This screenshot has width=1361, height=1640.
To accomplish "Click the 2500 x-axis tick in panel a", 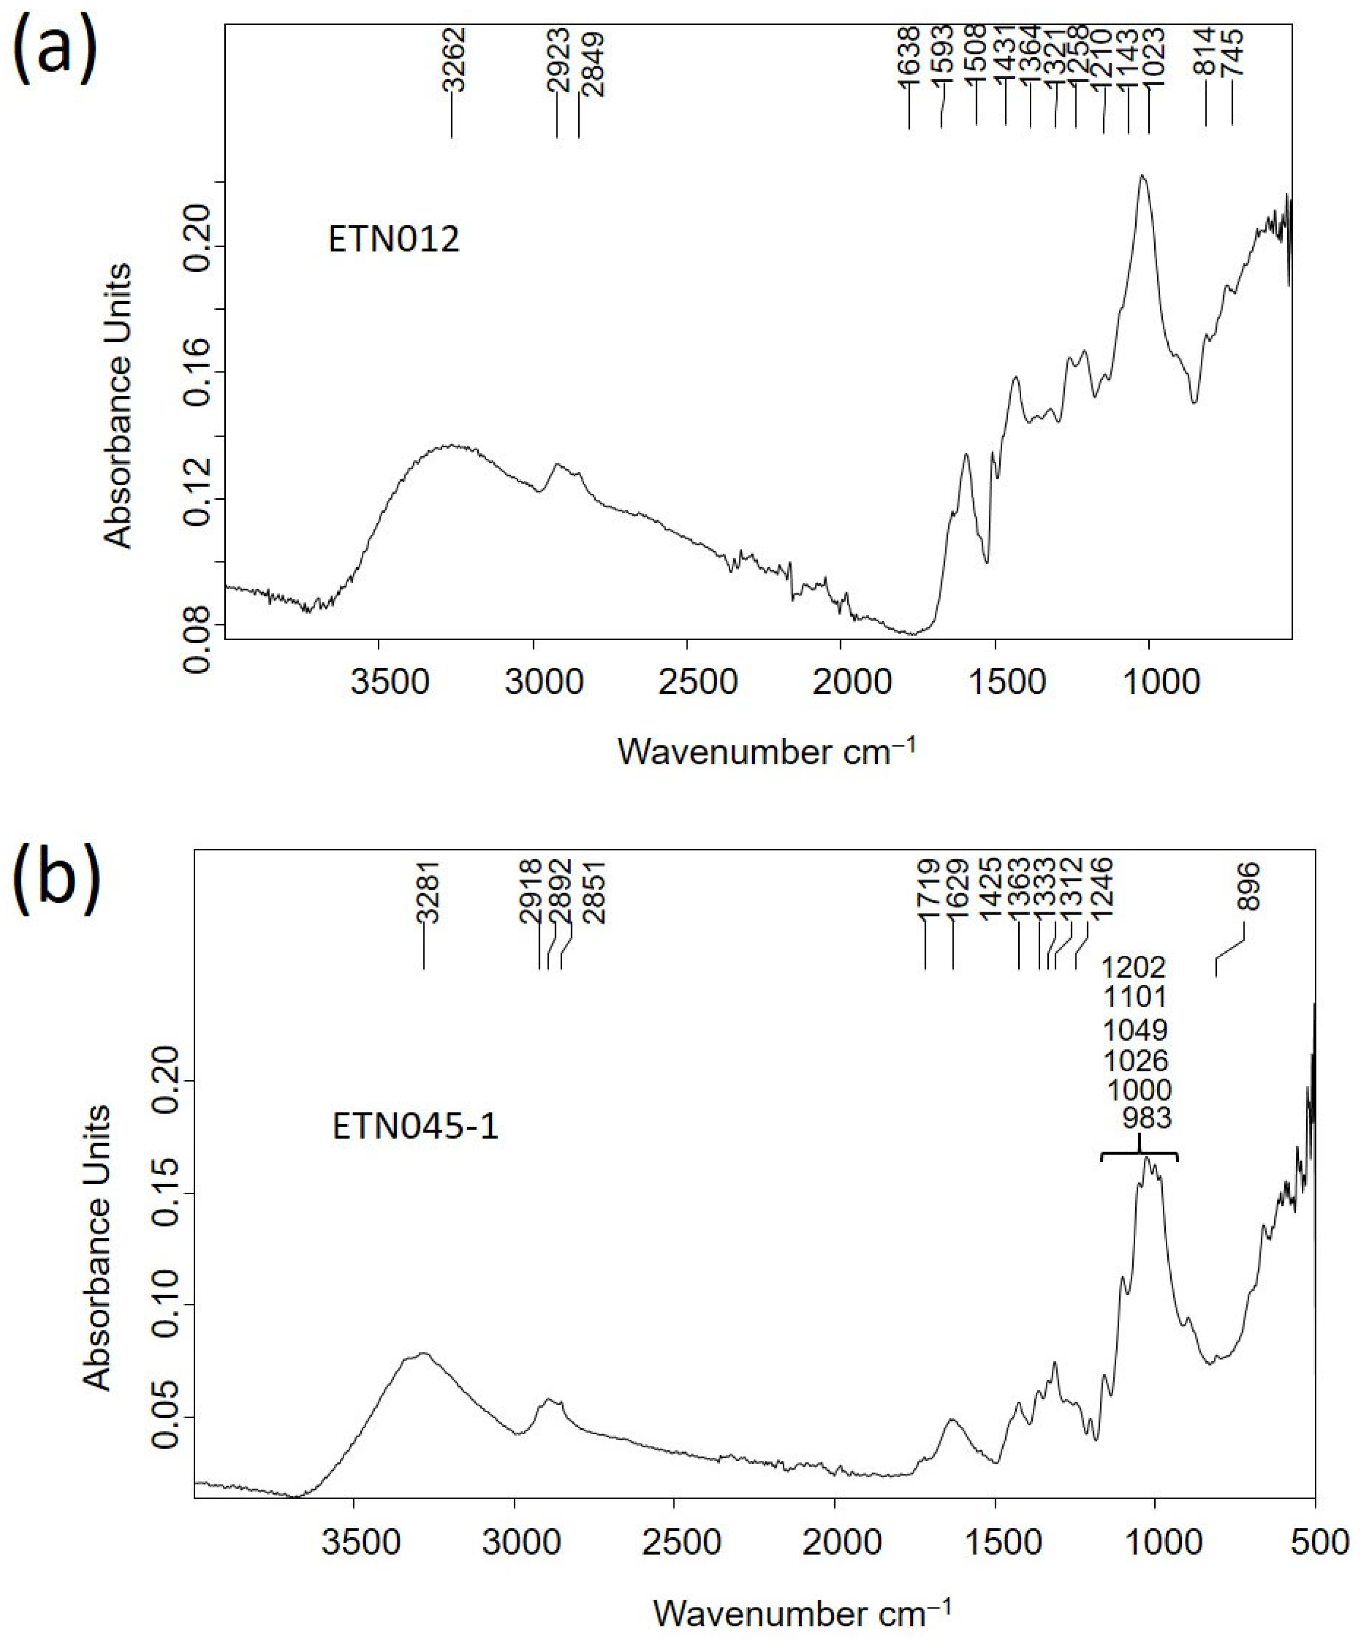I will coord(687,682).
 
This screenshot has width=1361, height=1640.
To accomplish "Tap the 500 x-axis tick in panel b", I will coord(1315,1543).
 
